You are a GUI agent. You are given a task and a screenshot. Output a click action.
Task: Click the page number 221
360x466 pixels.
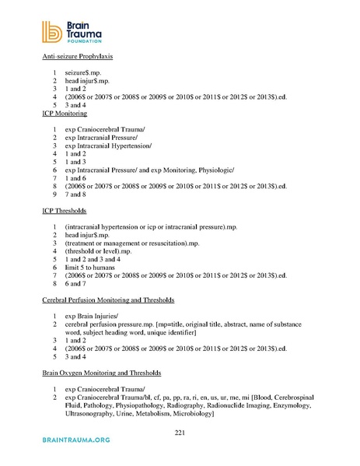click(180, 431)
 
